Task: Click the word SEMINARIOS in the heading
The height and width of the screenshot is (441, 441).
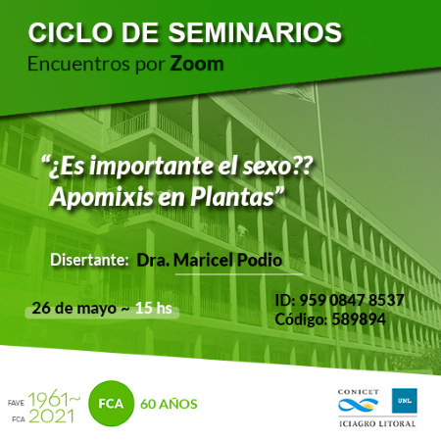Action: coord(255,32)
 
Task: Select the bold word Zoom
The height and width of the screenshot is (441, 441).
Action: coord(197,64)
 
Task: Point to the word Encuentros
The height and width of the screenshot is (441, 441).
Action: coord(79,64)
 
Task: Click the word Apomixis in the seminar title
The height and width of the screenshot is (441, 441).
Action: coord(102,198)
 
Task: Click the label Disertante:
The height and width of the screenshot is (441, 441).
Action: coord(89,260)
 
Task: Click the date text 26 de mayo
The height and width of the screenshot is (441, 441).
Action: coord(74,309)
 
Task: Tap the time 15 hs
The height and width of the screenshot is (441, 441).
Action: coord(154,308)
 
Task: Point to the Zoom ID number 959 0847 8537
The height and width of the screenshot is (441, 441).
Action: coord(352,300)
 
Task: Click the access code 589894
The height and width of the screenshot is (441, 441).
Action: coord(359,319)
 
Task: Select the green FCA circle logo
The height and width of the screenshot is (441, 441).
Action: coord(111,404)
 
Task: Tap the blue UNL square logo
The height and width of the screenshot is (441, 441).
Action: coord(405,401)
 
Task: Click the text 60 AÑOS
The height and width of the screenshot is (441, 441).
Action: coord(169,404)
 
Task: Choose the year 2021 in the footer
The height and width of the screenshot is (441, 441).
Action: coord(51,416)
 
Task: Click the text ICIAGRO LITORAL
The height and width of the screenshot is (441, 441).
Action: coord(377,424)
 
